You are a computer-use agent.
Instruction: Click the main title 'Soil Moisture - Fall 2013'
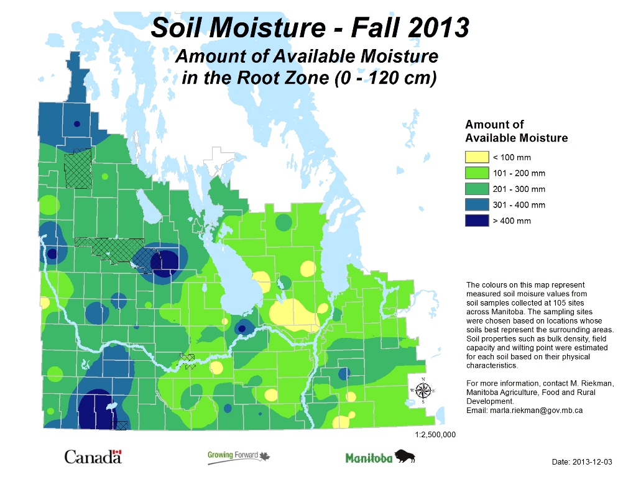click(310, 27)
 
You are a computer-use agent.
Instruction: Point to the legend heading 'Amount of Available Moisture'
click(516, 132)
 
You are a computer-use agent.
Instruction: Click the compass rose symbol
click(423, 390)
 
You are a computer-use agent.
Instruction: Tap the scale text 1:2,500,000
click(435, 435)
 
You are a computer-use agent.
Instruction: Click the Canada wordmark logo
click(93, 458)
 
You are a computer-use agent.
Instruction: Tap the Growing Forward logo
click(239, 458)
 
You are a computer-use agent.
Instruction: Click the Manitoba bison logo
click(380, 458)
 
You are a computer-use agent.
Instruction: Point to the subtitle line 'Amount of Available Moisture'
click(307, 57)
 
